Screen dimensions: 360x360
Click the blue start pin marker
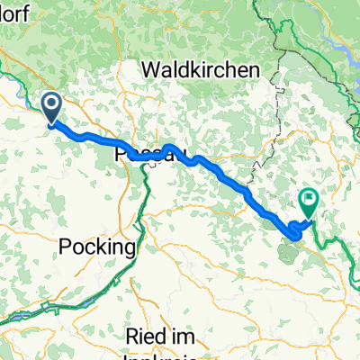52,110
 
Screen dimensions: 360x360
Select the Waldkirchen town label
201,69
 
